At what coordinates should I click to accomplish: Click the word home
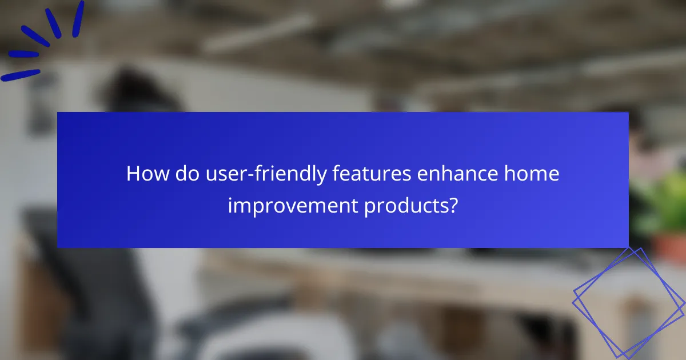tap(533, 174)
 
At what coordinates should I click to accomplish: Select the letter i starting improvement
tap(230, 205)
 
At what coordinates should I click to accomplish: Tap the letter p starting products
tap(369, 207)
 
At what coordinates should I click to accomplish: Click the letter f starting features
tap(336, 174)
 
